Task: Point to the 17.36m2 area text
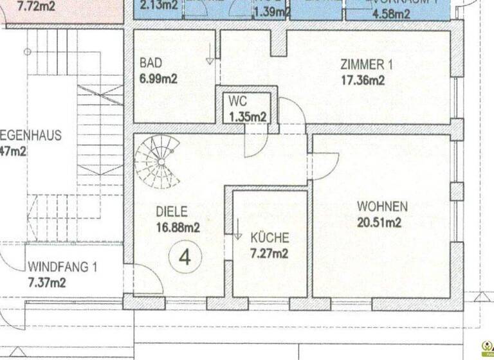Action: (363, 80)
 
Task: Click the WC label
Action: (238, 103)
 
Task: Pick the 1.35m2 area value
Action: (248, 117)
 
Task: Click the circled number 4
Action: (185, 257)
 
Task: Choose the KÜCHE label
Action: (270, 237)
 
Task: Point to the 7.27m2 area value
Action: (270, 253)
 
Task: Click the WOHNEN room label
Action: (383, 207)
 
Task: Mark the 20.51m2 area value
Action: (379, 222)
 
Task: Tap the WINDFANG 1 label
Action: (62, 267)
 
